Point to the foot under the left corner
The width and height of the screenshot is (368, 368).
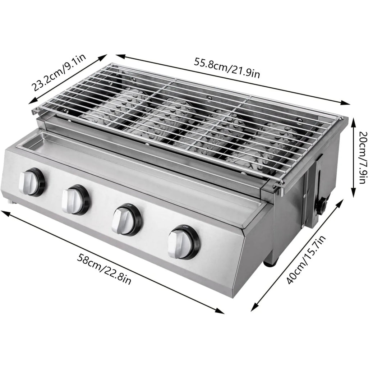point(14,203)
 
